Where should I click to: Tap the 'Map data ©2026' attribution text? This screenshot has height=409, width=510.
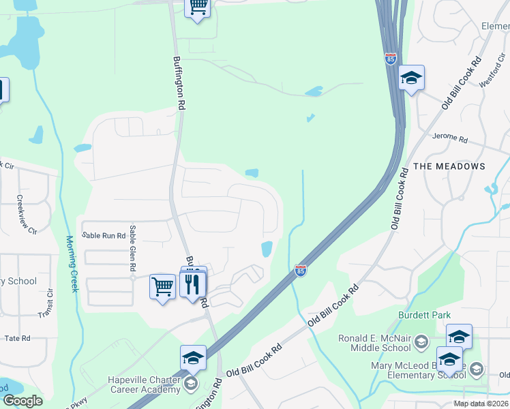click(x=481, y=404)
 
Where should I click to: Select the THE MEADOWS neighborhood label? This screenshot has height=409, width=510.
click(x=449, y=166)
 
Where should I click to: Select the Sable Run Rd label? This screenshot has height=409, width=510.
click(x=104, y=235)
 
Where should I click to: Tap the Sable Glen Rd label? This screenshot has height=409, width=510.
click(x=133, y=251)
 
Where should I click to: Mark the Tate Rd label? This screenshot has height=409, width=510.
click(x=18, y=338)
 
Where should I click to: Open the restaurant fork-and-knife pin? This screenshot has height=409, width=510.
click(x=194, y=284)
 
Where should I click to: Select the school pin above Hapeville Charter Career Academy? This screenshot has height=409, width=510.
click(x=193, y=357)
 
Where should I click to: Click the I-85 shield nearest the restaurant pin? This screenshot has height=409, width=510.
click(x=300, y=271)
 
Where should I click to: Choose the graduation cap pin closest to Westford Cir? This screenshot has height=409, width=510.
click(x=412, y=78)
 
